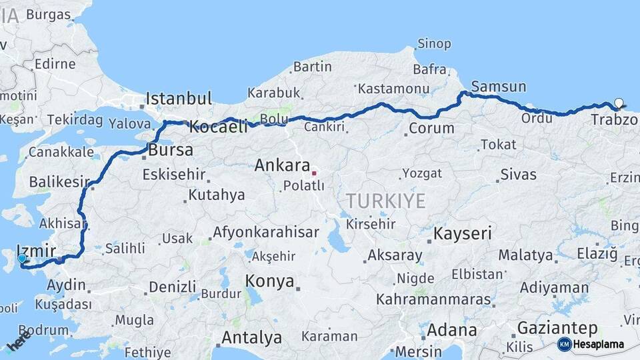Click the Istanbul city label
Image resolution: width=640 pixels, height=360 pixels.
(x=179, y=99)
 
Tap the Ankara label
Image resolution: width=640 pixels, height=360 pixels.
(x=282, y=165)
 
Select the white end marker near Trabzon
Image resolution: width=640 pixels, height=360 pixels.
(x=619, y=103)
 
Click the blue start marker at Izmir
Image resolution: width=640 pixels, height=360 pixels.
(x=22, y=258)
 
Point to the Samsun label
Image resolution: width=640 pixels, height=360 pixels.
(x=498, y=87)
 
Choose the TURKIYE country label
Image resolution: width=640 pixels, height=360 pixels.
(x=385, y=201)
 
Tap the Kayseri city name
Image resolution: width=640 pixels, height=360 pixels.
(x=463, y=234)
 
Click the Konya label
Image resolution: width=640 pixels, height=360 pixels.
(x=269, y=281)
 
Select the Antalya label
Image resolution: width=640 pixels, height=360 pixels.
(x=251, y=338)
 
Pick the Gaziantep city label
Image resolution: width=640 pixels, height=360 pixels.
(x=557, y=328)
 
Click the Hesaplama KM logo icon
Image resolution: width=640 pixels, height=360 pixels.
(x=564, y=344)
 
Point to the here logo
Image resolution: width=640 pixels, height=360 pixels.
(x=19, y=341)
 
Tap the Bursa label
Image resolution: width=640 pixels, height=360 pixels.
(x=171, y=150)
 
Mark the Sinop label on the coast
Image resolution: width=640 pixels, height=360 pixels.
(x=434, y=44)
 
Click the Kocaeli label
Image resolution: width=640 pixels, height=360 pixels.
(x=218, y=127)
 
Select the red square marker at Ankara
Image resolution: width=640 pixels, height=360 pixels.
(x=314, y=173)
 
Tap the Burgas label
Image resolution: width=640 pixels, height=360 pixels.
(x=49, y=13)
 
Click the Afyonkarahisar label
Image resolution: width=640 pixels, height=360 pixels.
(x=265, y=233)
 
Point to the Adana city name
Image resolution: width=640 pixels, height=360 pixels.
(x=451, y=330)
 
